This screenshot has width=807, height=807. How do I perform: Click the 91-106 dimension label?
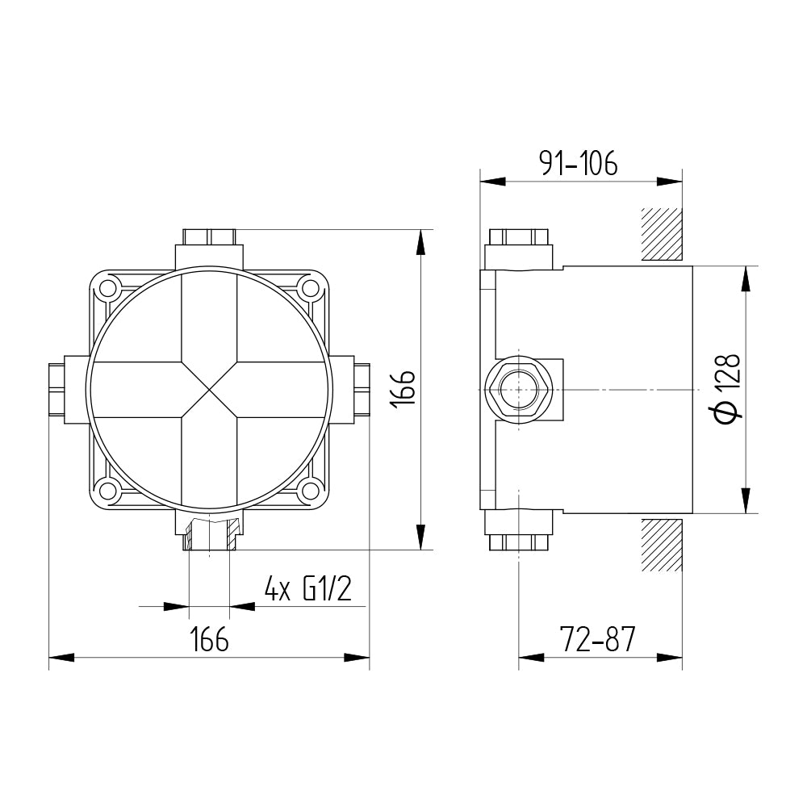(578, 163)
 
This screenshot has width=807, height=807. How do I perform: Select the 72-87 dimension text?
(597, 639)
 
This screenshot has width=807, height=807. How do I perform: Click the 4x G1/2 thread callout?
(307, 589)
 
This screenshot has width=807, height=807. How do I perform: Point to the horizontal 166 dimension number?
(209, 639)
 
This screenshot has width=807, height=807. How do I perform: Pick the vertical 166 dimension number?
(402, 389)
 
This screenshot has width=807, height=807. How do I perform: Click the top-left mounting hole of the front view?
(108, 286)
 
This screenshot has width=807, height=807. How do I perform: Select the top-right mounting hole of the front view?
(311, 286)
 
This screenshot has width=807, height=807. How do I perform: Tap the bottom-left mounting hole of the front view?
(108, 490)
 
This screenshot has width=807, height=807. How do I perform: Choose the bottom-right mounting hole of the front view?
(311, 490)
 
